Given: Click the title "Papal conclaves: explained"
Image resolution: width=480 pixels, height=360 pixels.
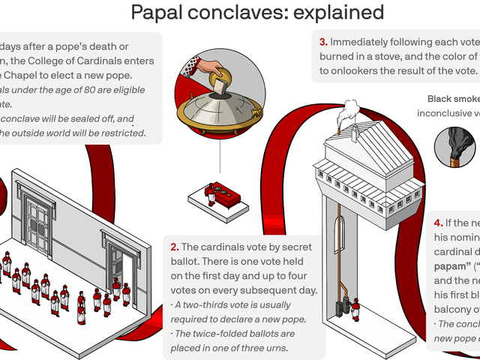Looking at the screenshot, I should coord(257,13).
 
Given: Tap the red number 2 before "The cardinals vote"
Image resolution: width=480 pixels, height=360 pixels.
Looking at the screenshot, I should coord(174,247).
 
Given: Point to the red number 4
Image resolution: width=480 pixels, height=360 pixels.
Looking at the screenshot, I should coord(438,223).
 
